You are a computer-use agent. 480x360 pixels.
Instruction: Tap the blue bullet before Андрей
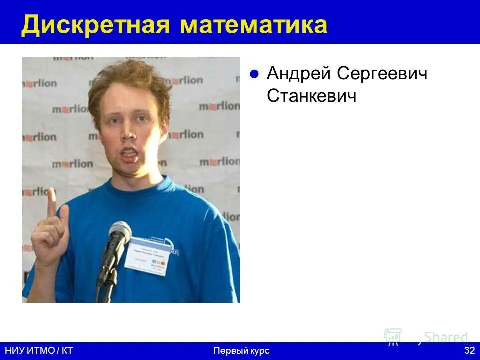[x=254, y=75]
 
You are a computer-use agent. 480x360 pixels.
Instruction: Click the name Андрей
[x=298, y=74]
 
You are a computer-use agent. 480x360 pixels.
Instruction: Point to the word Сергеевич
[x=382, y=74]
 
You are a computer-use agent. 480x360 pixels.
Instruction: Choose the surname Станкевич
[x=312, y=96]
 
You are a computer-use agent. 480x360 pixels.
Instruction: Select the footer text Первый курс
[x=241, y=351]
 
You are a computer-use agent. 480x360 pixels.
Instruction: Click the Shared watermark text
[x=446, y=337]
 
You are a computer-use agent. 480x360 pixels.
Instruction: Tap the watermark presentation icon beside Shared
[x=393, y=337]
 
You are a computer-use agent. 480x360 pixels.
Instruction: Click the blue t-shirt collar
[x=140, y=187]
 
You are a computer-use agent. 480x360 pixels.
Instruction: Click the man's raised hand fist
[x=48, y=237]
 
